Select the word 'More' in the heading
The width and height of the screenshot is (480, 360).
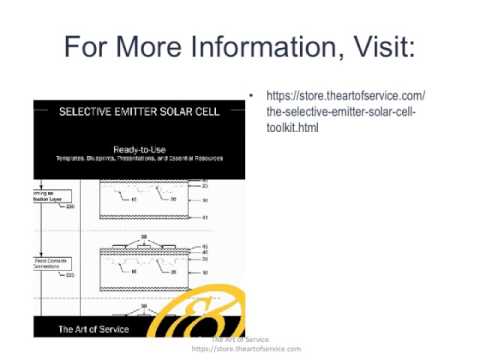146,47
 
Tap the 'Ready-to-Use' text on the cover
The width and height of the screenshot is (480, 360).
139,148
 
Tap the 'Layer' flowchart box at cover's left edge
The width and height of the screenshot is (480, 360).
50,198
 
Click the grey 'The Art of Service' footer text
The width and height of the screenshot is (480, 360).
240,341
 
